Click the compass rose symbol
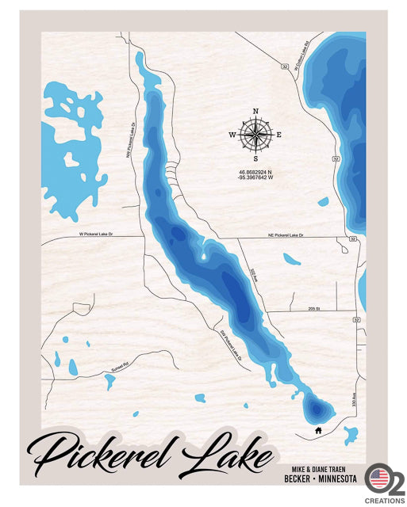click(255, 135)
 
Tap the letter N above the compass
click(255, 112)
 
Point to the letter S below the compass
click(255, 158)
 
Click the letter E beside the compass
click(278, 135)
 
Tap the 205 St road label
click(314, 307)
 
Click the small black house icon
click(318, 431)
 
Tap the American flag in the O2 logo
click(378, 478)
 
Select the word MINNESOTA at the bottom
click(340, 479)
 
